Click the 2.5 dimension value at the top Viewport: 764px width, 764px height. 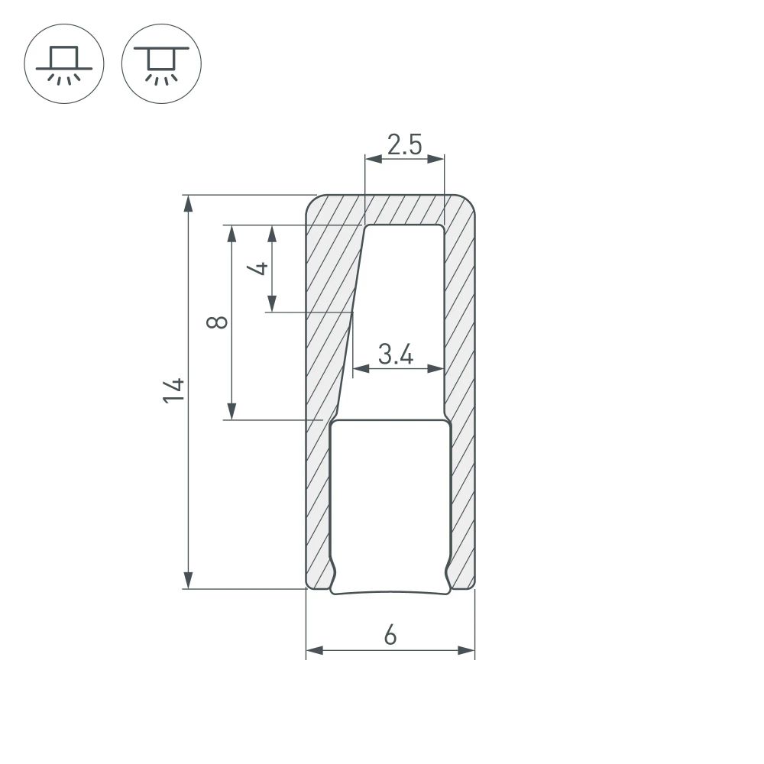coord(404,144)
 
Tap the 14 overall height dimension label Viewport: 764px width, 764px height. coord(173,390)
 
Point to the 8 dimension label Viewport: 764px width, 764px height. coord(218,322)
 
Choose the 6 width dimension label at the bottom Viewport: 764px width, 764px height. coord(390,635)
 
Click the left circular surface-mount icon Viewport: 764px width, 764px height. coord(64,63)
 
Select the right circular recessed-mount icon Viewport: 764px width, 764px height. coord(160,63)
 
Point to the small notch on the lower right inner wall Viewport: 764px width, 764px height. coord(447,569)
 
